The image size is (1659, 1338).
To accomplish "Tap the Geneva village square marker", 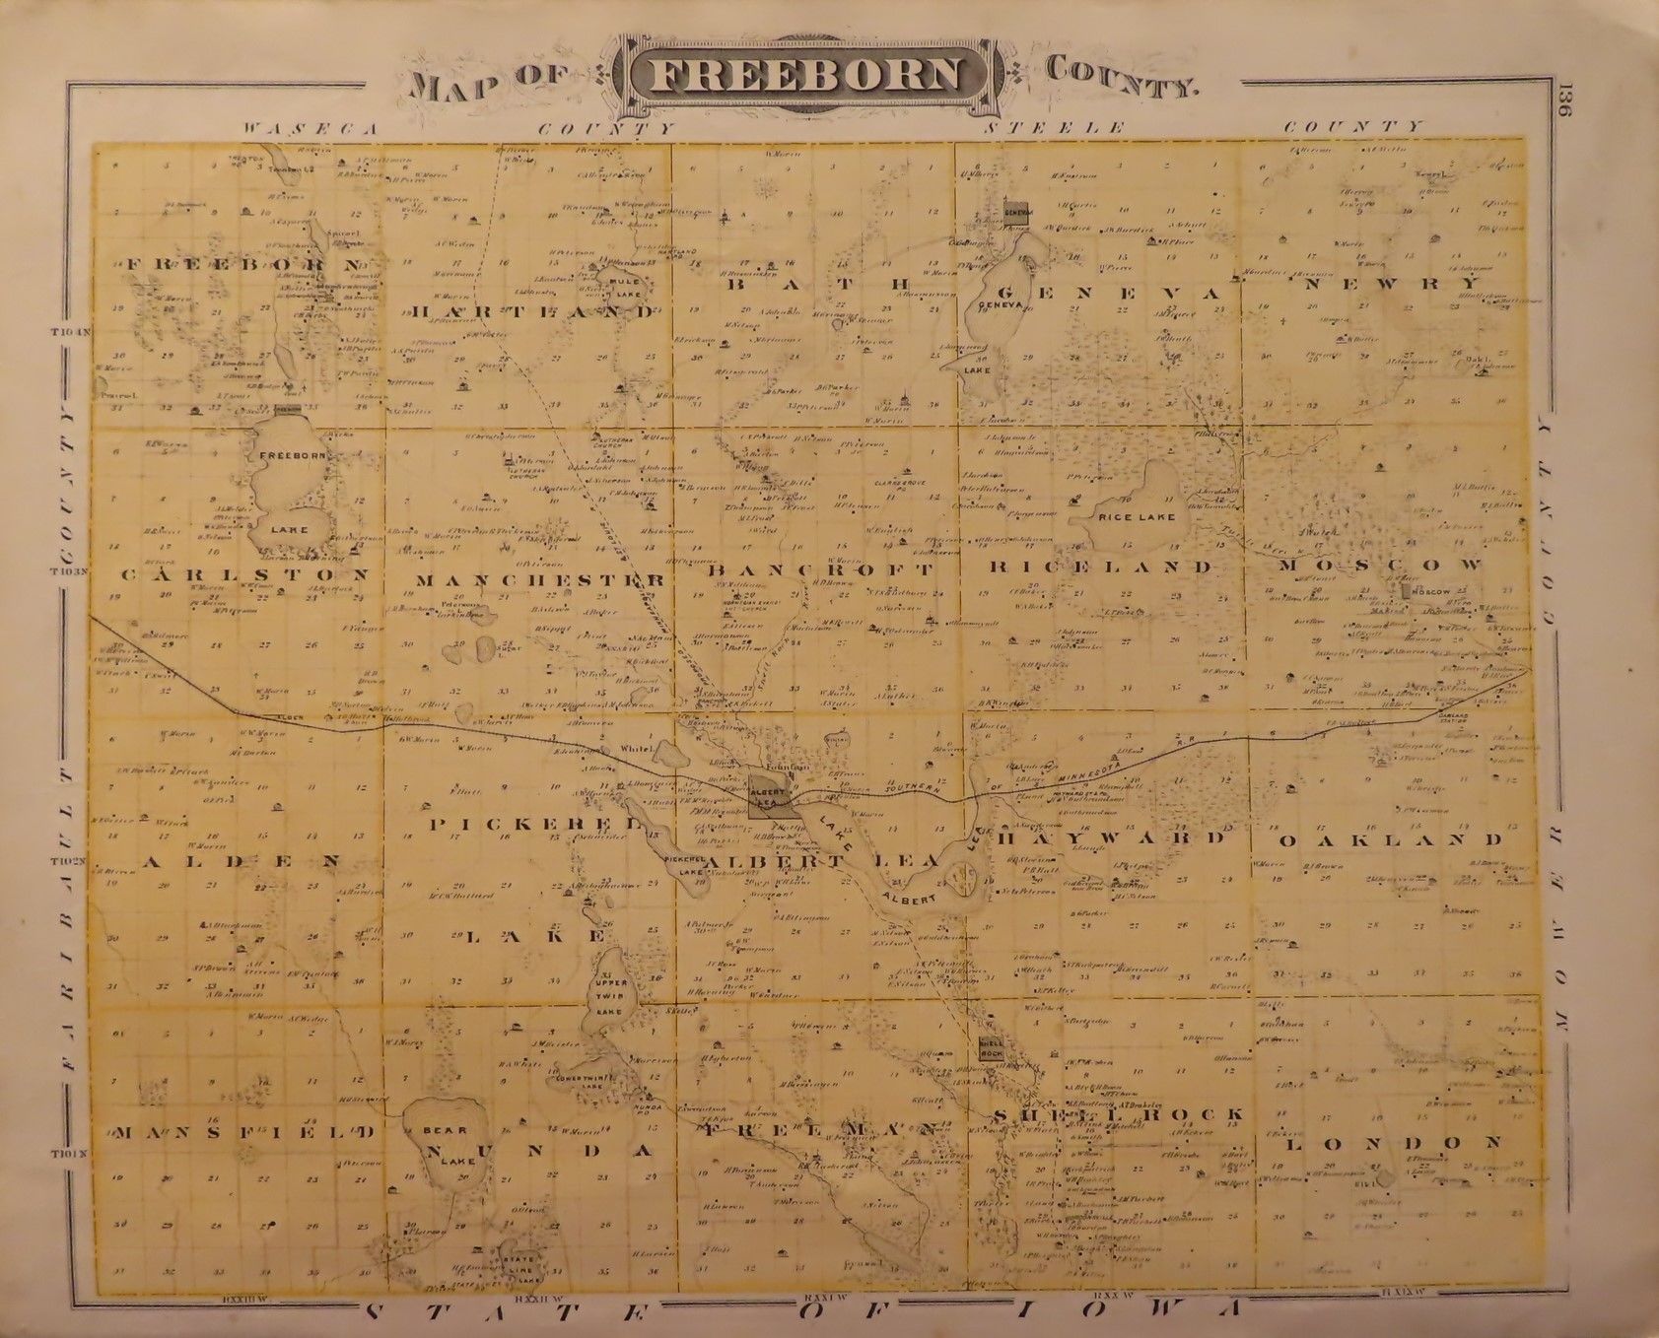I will click(1016, 212).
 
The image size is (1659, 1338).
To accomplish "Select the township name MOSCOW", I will click(1380, 566).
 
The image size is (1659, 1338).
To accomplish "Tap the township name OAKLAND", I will click(1391, 840).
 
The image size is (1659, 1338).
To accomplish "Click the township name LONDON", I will click(1395, 1143).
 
